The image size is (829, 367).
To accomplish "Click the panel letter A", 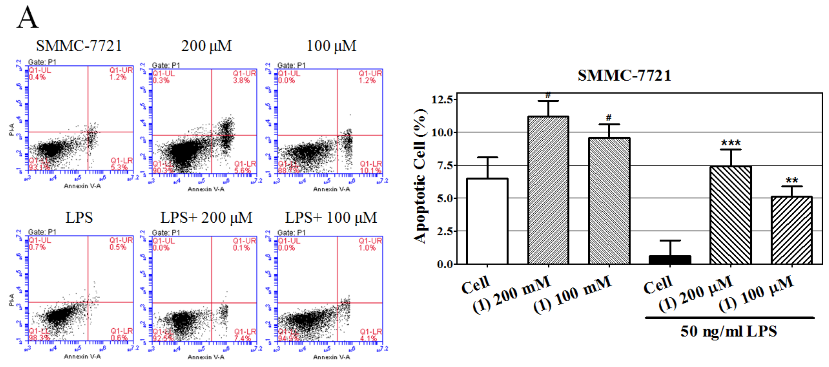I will click(28, 18).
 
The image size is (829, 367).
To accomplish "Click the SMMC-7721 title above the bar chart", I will click(624, 76).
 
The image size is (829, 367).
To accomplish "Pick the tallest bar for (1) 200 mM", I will click(548, 190).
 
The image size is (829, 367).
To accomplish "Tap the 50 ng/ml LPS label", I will click(729, 331).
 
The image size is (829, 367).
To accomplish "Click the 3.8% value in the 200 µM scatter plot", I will click(241, 80).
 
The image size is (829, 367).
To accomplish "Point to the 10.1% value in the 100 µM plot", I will click(370, 170).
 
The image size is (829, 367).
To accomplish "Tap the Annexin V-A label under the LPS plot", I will click(82, 356).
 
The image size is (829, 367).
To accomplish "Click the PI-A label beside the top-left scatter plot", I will click(12, 129).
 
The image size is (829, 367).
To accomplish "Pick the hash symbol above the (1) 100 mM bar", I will click(608, 118).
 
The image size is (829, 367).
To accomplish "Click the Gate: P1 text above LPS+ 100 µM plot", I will click(291, 232).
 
